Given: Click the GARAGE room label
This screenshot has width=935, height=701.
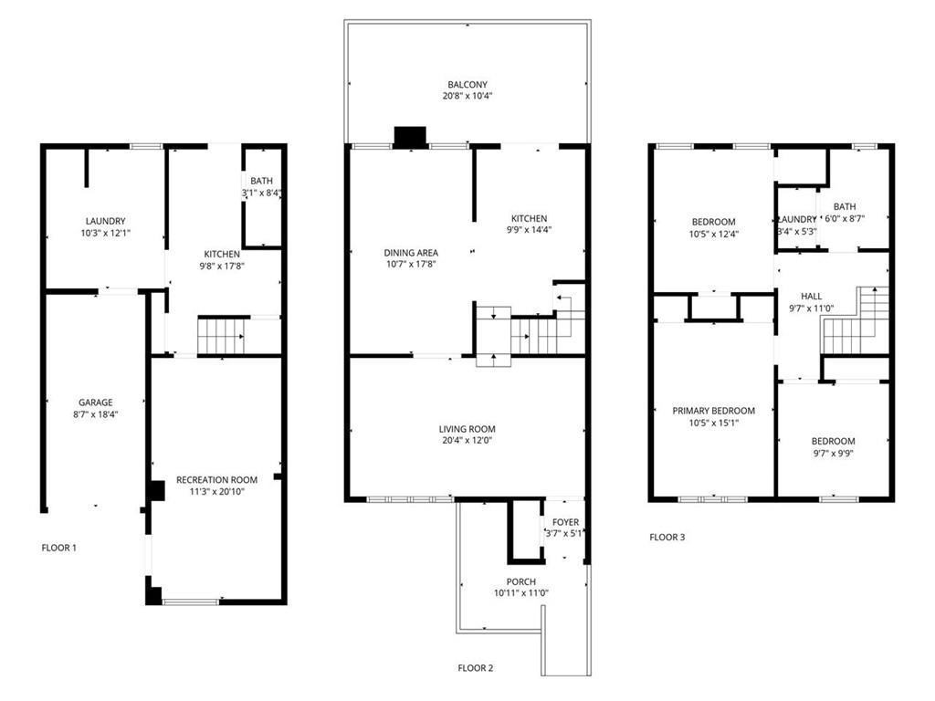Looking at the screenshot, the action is (95, 403).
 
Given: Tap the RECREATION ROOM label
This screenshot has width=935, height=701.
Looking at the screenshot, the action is (216, 480).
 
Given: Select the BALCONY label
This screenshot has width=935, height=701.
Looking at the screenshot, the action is (467, 85).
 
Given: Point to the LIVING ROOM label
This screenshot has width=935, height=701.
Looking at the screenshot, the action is (467, 429).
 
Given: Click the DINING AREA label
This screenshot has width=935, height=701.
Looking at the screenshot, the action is (411, 253).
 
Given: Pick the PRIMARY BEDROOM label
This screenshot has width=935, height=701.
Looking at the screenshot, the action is (714, 411).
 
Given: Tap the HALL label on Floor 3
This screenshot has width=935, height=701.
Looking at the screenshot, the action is (811, 297).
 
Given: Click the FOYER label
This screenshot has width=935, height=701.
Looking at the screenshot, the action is (565, 523).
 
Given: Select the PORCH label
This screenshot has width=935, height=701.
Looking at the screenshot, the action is (521, 581).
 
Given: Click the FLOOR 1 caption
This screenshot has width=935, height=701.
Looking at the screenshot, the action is (59, 548).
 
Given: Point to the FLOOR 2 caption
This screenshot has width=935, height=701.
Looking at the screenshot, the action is (475, 668).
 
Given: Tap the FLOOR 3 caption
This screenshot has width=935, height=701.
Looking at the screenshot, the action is (667, 537).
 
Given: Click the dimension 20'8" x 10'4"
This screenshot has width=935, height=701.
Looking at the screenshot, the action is (467, 96).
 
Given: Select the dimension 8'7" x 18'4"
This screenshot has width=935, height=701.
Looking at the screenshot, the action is (95, 414).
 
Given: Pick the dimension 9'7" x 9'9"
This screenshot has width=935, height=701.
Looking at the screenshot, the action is (833, 453).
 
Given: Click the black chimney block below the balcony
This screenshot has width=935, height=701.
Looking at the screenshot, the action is (410, 137).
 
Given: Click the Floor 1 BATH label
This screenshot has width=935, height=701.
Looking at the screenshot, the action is (262, 181).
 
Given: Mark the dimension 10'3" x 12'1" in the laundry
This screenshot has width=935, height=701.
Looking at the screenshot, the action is (106, 233).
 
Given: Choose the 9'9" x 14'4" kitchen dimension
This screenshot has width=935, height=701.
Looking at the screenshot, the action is (529, 230).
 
